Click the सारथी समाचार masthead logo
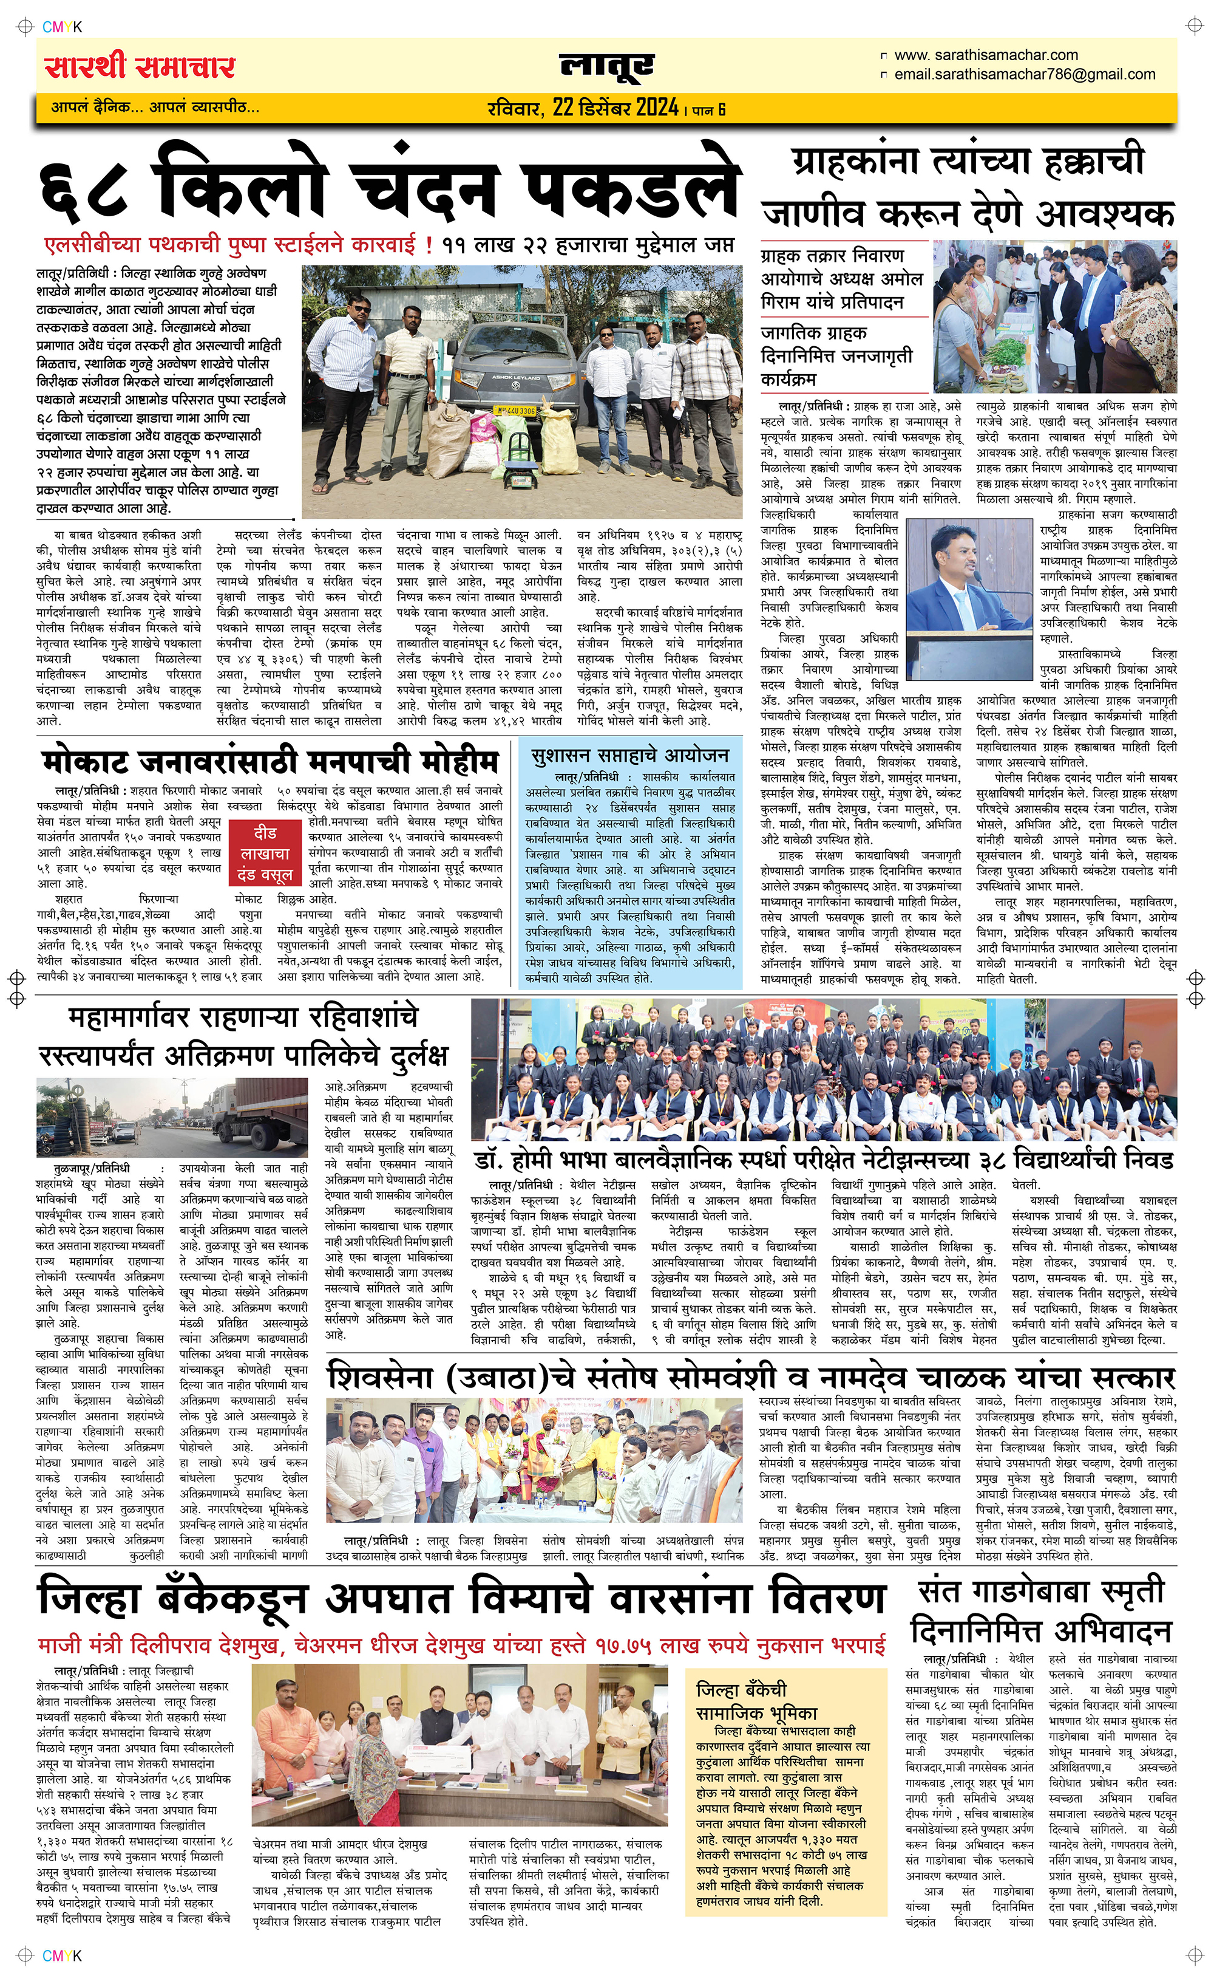[x=140, y=67]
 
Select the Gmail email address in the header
[x=1025, y=75]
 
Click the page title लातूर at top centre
[x=607, y=67]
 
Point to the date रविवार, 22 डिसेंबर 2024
[x=583, y=108]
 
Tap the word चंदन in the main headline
[x=425, y=189]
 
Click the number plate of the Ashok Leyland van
[x=514, y=411]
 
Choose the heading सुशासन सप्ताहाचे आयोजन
[x=629, y=756]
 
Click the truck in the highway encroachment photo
[x=259, y=1116]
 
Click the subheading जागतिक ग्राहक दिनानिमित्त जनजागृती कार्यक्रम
[x=836, y=355]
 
